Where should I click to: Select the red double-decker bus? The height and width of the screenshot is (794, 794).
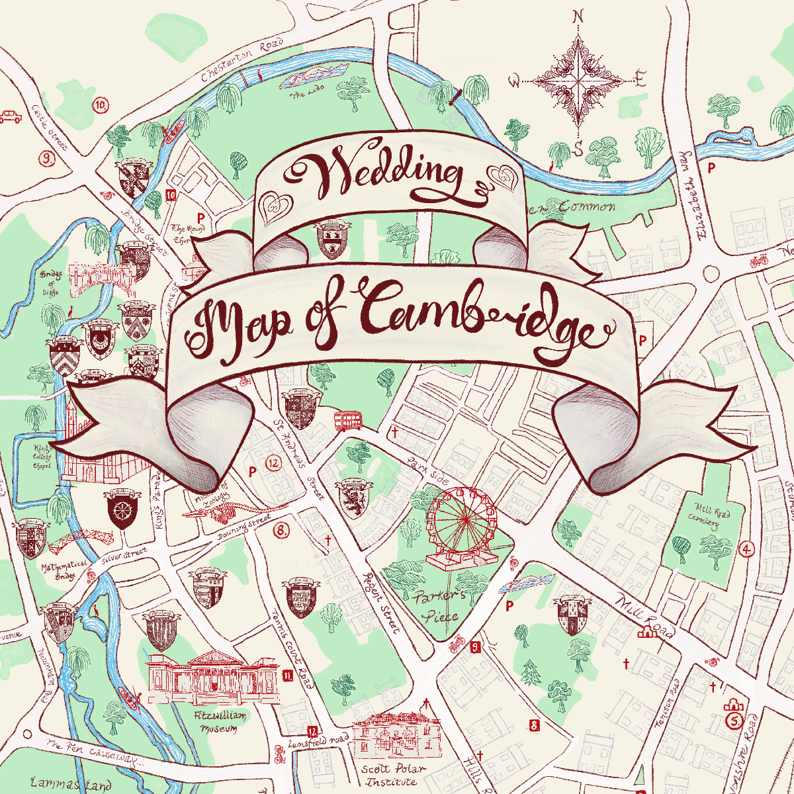point(347,420)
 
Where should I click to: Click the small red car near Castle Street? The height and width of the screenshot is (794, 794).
point(11,116)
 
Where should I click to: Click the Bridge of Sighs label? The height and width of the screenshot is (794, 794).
point(50,283)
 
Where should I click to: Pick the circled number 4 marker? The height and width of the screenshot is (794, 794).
point(747,549)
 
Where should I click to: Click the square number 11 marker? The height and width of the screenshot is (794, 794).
point(287,676)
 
